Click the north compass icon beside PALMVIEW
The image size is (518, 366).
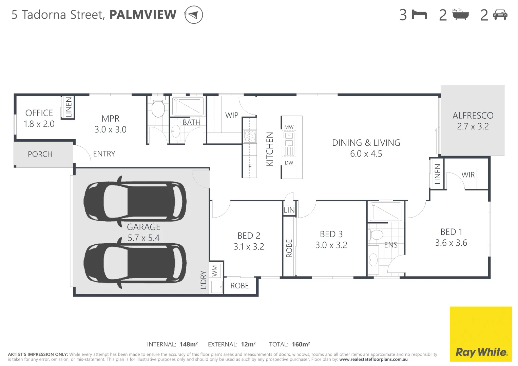click(193, 15)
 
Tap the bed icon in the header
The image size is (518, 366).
click(419, 15)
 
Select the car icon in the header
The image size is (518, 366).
click(500, 15)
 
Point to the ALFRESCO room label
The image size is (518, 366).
click(473, 116)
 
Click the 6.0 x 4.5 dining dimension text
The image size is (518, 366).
click(366, 154)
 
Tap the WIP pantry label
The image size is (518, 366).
click(232, 115)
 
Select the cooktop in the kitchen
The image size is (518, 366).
click(250, 137)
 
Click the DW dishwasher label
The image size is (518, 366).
click(289, 163)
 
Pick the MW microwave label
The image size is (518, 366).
click(289, 127)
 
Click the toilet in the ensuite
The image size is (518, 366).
click(376, 235)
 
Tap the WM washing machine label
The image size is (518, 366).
click(215, 271)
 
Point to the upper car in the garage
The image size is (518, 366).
click(135, 201)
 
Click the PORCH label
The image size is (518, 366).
click(40, 154)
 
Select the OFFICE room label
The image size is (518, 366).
click(39, 113)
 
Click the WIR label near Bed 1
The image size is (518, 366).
click(468, 175)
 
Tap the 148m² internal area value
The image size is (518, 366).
click(189, 344)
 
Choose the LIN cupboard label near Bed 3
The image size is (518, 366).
click(289, 210)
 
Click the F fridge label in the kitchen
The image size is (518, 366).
click(250, 167)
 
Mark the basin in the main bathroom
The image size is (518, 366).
click(176, 131)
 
